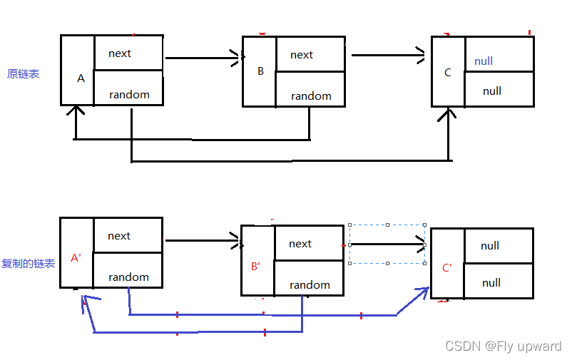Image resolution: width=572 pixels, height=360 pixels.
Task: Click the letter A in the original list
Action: tap(81, 78)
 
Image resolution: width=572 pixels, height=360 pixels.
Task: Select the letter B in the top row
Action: tap(260, 71)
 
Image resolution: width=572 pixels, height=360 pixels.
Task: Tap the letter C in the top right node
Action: tap(448, 73)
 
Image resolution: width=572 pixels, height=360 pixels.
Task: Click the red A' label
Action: tap(76, 258)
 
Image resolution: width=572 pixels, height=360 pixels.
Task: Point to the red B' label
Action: tap(256, 267)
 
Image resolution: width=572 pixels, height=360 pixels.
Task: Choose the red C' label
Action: tap(447, 268)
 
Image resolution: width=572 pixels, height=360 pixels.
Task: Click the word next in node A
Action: tap(120, 53)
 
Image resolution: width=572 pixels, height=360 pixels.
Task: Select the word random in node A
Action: tap(129, 95)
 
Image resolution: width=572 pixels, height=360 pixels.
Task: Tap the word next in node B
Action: tap(302, 55)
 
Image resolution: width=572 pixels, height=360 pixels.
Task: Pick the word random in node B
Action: tap(311, 96)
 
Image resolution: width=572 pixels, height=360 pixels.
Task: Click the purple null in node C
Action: tap(484, 61)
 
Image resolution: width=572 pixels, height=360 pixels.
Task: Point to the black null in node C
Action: tap(492, 91)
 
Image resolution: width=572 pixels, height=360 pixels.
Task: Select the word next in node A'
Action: tap(119, 236)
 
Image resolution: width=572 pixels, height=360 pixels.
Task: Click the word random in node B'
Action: tap(310, 285)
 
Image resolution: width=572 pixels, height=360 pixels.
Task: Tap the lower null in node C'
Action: tap(491, 283)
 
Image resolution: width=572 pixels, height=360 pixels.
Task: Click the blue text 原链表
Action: tap(24, 74)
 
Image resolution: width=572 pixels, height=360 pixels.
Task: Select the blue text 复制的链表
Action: tap(29, 264)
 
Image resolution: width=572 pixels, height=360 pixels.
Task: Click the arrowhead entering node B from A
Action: tap(235, 58)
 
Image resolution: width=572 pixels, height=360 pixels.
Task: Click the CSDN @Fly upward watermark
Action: tap(504, 346)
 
